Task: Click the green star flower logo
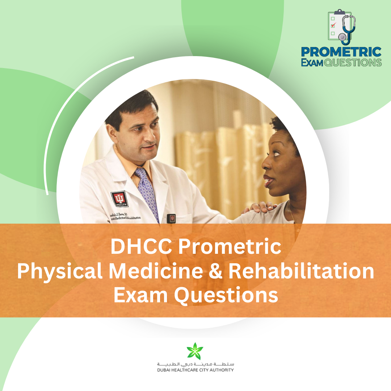(x=195, y=351)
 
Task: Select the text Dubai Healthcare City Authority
(x=195, y=370)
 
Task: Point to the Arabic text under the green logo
(x=195, y=363)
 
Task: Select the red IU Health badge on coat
(x=119, y=199)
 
